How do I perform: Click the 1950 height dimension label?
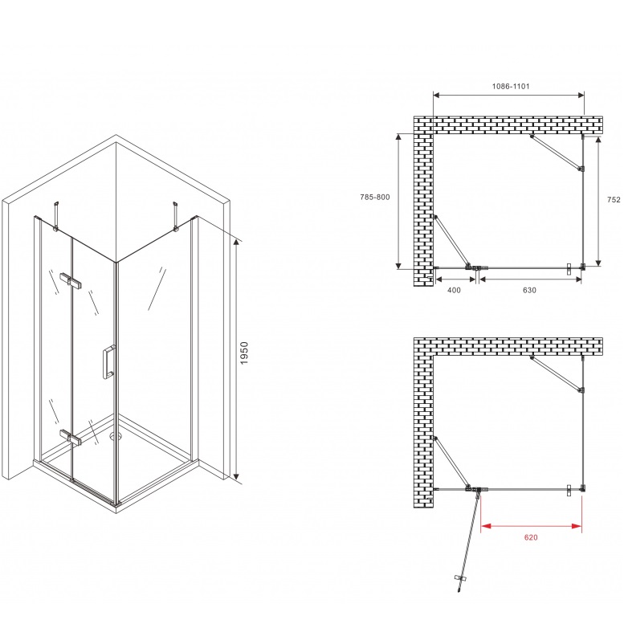(x=244, y=353)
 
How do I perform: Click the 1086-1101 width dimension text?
(x=511, y=87)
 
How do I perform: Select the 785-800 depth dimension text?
(x=375, y=197)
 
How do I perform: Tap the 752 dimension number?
(x=614, y=200)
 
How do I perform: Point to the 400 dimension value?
(x=454, y=290)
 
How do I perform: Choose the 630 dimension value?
(x=529, y=290)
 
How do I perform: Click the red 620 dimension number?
(x=531, y=537)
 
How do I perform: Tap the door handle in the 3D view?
(x=109, y=361)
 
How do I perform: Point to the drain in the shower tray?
(x=116, y=437)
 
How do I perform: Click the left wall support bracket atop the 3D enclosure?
(x=56, y=215)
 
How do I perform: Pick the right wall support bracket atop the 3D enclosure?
(x=175, y=216)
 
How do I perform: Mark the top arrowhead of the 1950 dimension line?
(x=236, y=243)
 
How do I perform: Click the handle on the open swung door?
(x=461, y=578)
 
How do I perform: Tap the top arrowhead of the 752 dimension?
(x=598, y=141)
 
